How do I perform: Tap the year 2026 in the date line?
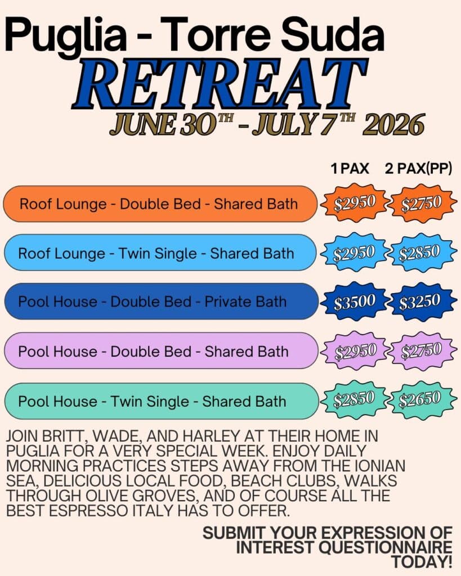pos(393,125)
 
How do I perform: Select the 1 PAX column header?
pos(350,169)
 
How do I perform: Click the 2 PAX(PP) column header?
pos(418,169)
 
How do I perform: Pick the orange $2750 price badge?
pos(422,203)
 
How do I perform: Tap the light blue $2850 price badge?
pos(419,253)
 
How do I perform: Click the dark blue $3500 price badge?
pos(354,301)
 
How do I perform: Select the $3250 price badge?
pos(420,301)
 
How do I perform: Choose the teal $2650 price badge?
pos(420,399)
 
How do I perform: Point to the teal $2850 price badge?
pos(354,399)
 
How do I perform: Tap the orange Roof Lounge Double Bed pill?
pos(160,204)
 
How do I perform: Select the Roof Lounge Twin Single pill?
pos(160,253)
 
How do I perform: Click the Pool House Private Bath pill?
pos(161,301)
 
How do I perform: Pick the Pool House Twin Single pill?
pos(161,401)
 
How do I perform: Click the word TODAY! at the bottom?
pos(421,562)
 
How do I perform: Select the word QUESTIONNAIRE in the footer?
pos(385,547)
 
